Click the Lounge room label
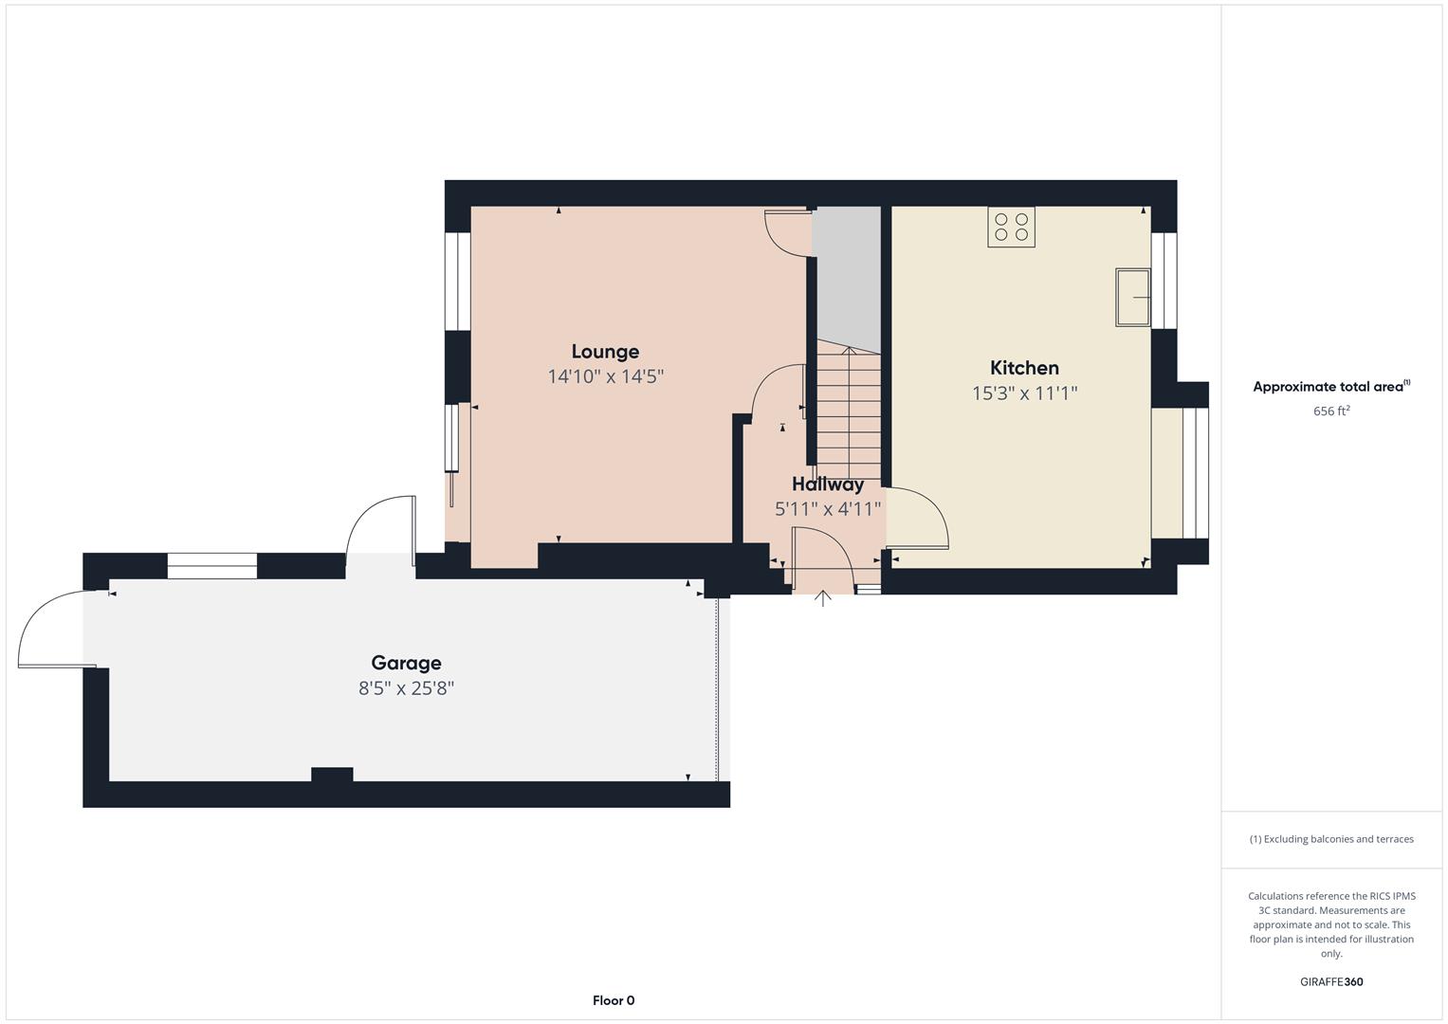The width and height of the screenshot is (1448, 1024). point(605,352)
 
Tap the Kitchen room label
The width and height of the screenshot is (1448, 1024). point(1024,368)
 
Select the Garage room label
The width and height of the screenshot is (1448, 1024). point(406,663)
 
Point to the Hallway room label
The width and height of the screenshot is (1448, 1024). point(828,485)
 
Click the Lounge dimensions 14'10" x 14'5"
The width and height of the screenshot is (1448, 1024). point(605,376)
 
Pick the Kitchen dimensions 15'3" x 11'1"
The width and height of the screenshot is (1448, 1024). point(1024,393)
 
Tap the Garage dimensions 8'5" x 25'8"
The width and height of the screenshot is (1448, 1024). point(406,688)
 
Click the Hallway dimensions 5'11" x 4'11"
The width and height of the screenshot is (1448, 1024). point(828,509)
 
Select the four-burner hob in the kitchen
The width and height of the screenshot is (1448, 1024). point(1011,227)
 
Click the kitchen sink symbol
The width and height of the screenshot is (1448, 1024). point(1133,298)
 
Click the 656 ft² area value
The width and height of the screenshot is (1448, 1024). point(1331,411)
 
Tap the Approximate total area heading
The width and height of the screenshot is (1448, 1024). point(1331,387)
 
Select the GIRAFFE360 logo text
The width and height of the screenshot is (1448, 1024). point(1331,982)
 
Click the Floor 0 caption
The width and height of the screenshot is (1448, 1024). point(614,1000)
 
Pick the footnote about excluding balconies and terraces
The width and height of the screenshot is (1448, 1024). point(1331,839)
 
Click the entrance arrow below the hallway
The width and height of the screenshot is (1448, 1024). point(822,598)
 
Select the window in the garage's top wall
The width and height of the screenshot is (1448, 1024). point(212,566)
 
